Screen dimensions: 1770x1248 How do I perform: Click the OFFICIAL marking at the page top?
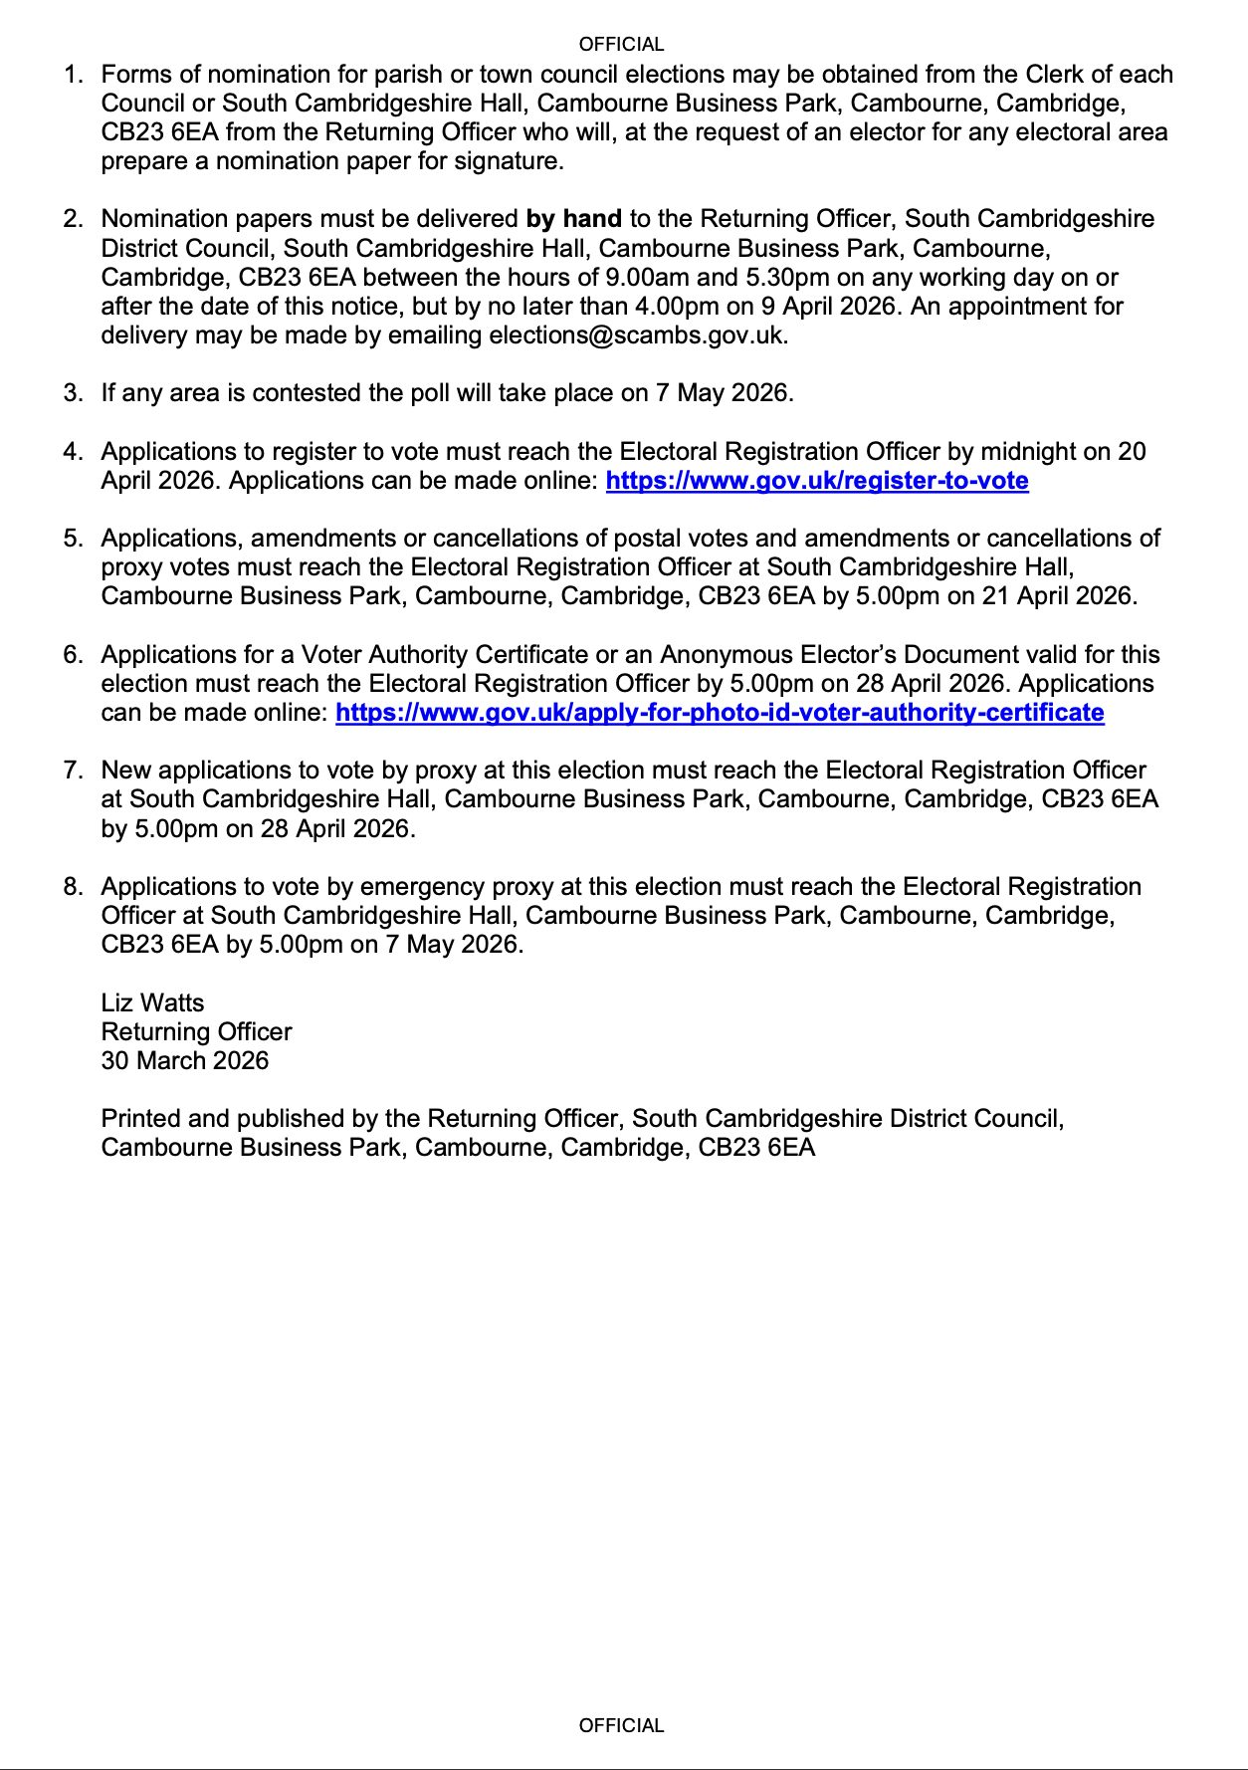coord(621,45)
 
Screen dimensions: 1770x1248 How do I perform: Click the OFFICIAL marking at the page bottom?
coord(621,1725)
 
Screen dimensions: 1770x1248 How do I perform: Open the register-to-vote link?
coord(816,481)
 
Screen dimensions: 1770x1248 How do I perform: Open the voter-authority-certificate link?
coord(720,713)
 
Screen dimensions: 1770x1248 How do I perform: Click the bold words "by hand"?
coord(573,219)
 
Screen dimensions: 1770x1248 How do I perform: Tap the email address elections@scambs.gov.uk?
coord(637,335)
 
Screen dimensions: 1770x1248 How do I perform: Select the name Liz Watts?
coord(152,1002)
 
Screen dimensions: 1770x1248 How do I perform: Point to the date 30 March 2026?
coord(184,1060)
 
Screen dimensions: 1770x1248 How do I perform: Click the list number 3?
coord(73,393)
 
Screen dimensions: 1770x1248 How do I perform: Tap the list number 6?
coord(73,655)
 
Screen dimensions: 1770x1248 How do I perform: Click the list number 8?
coord(73,887)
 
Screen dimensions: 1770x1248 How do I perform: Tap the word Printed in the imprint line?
coord(139,1119)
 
